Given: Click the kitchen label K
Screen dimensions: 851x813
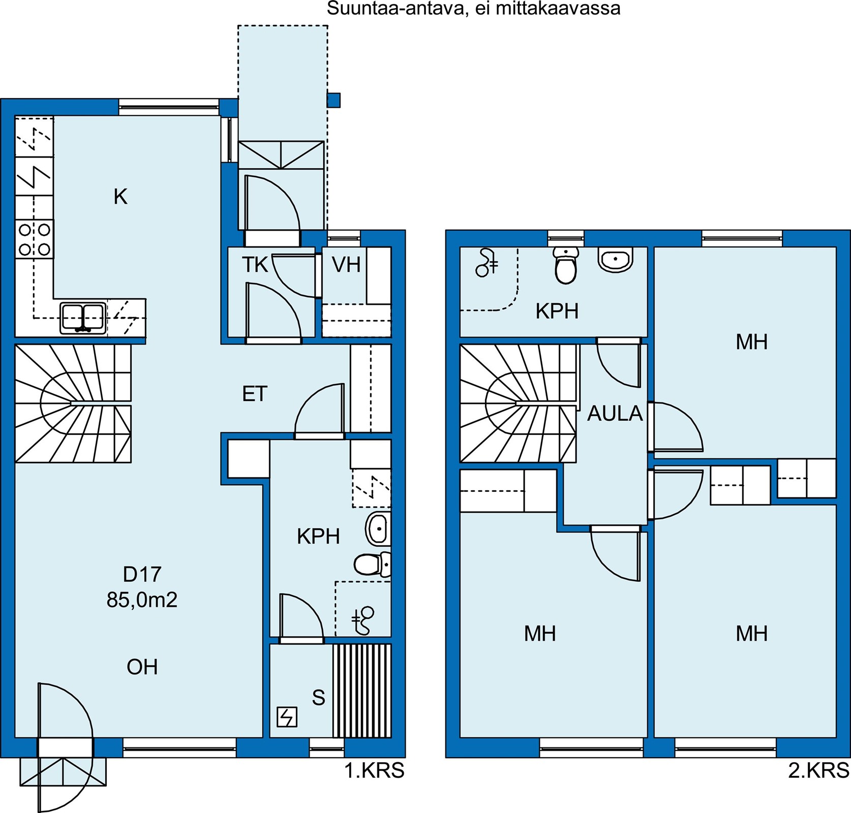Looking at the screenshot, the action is (120, 196).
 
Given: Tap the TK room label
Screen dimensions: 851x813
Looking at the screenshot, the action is (255, 265).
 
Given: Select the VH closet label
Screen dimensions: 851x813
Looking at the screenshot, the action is (346, 265).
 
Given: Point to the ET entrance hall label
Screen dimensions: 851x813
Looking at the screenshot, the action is (255, 394).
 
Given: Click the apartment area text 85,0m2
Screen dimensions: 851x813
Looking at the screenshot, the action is (142, 600).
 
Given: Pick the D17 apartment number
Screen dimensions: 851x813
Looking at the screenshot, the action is (142, 574).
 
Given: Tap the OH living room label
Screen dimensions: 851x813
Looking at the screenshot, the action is (142, 667).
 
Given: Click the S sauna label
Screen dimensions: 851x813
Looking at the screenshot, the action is (319, 698).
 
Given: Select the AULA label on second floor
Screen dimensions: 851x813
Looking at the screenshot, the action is (615, 414).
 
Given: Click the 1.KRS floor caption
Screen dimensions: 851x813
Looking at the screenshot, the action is (375, 771).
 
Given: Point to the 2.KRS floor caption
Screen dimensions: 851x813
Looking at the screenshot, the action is (819, 771).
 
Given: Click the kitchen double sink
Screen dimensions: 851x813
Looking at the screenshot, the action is (83, 318).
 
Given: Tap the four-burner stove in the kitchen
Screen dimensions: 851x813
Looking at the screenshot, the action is (34, 239).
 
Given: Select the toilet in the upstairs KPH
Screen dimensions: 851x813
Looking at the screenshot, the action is (565, 265).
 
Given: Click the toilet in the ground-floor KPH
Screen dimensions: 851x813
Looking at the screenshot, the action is (373, 564).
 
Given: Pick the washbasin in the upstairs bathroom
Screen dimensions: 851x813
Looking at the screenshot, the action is (616, 259).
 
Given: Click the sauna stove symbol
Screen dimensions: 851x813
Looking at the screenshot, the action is (287, 717).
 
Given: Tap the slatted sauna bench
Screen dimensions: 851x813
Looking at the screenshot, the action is (362, 691).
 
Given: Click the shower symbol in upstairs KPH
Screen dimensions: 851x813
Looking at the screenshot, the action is (487, 263).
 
